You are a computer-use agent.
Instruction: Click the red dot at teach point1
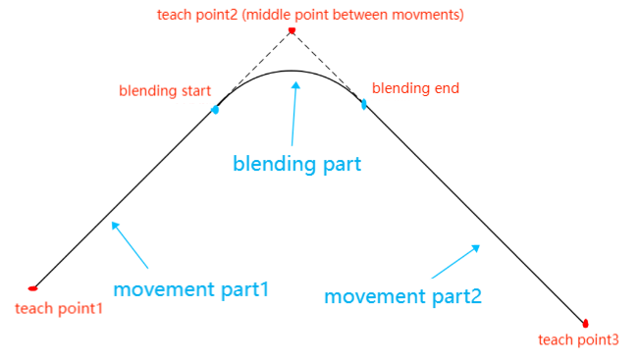[32, 288]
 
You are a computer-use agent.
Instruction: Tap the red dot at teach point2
[292, 30]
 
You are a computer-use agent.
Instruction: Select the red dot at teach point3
[585, 324]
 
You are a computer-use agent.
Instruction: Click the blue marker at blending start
[215, 109]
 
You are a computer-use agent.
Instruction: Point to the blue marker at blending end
[364, 104]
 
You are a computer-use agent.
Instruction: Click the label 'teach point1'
[59, 308]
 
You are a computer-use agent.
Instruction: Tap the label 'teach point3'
[578, 339]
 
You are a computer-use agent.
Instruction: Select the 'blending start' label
[165, 90]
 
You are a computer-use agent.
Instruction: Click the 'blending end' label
[415, 88]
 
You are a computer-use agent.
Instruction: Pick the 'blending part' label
[297, 164]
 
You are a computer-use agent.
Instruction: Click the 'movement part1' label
[191, 289]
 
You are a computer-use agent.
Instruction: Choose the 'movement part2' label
[402, 296]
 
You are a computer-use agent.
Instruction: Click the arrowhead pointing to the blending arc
[295, 85]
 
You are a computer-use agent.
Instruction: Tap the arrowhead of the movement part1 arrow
[115, 226]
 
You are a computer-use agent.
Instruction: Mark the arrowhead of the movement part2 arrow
[476, 248]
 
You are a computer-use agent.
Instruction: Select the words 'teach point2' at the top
[197, 15]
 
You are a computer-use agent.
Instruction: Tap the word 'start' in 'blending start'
[195, 90]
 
